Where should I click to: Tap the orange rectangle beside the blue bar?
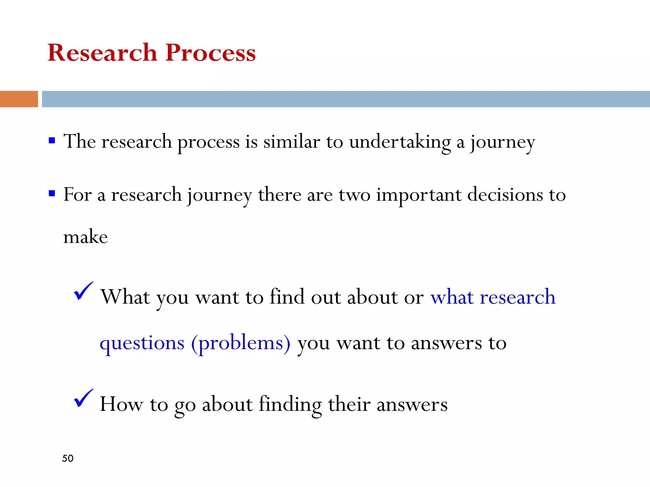tap(19, 99)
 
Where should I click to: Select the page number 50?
tap(68, 458)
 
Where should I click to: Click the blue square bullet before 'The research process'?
tap(52, 140)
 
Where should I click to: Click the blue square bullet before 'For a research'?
tap(52, 193)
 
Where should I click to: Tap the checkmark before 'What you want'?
tap(83, 291)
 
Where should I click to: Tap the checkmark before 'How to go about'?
tap(83, 398)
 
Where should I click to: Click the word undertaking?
tap(400, 142)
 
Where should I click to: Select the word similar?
tap(292, 142)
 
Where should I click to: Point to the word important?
tap(419, 195)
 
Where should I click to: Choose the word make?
tap(85, 237)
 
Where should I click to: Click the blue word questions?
tap(142, 344)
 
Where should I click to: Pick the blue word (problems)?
tap(241, 344)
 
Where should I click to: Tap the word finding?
tap(290, 405)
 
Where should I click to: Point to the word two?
tap(354, 195)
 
